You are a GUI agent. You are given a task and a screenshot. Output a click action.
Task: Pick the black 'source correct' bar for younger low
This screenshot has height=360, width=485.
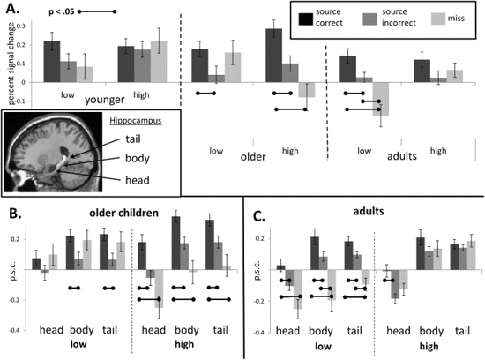point(52,61)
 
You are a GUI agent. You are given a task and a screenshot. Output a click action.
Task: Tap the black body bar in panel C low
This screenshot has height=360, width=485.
point(315,251)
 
